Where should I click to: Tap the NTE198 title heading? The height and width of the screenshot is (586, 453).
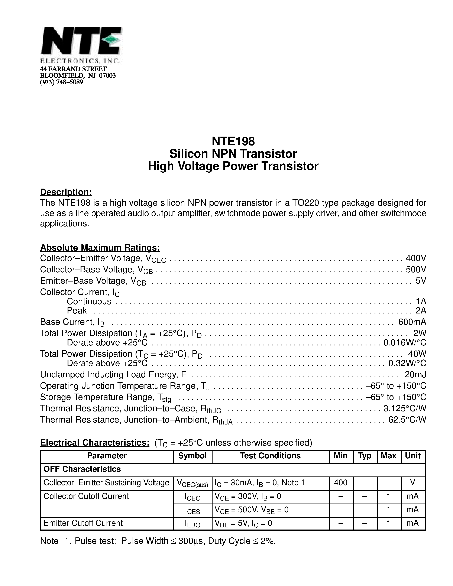233,141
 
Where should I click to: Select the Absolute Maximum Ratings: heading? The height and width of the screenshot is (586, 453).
100,247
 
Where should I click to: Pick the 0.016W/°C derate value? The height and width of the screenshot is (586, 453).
405,343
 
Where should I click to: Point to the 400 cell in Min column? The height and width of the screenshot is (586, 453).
341,483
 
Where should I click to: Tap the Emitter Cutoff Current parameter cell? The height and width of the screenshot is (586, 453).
83,523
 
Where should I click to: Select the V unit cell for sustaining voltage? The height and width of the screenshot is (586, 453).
413,483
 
